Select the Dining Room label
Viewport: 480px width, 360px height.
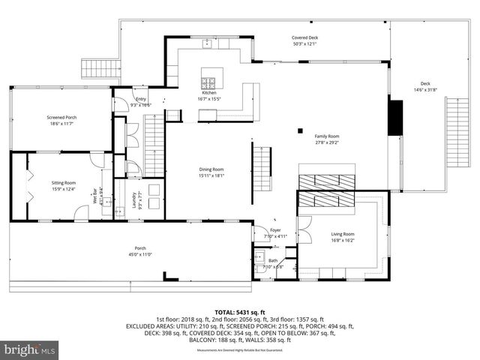(211, 172)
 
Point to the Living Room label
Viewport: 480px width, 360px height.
(343, 237)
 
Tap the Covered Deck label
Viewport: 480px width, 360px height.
(304, 40)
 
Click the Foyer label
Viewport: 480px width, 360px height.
(277, 233)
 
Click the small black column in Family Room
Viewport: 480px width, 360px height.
(299, 128)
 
